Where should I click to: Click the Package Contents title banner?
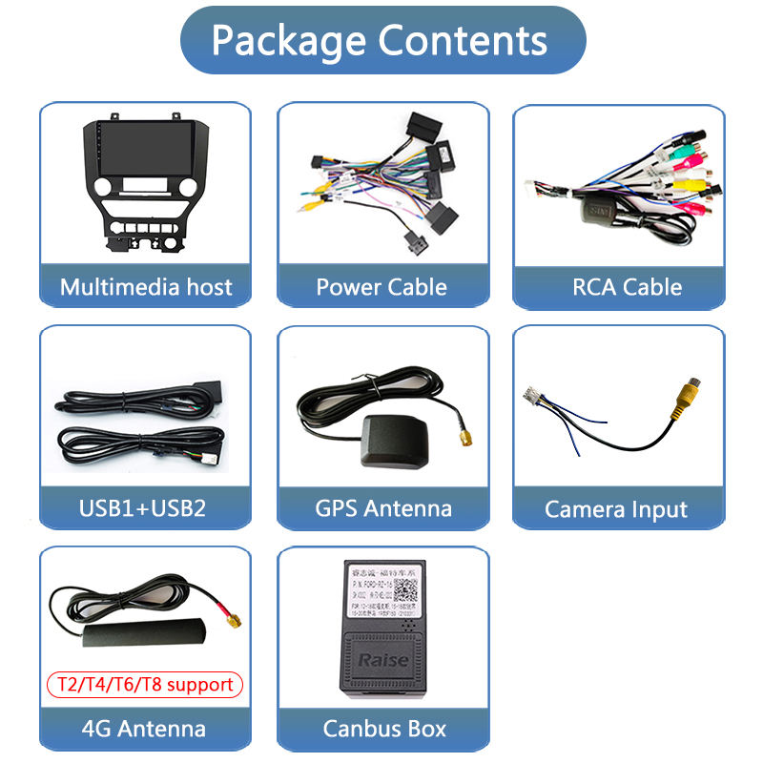(381, 40)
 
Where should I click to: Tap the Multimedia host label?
(145, 287)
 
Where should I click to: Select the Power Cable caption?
(381, 287)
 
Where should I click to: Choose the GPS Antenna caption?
(382, 508)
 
